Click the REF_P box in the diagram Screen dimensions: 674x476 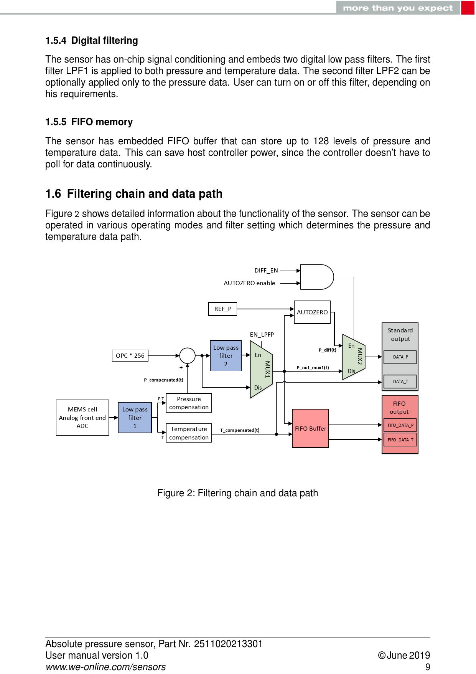[222, 309]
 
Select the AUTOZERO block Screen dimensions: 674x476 [312, 312]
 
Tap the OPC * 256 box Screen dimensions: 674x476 [130, 355]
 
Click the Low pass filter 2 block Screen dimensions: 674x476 [226, 356]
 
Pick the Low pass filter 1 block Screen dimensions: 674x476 [135, 418]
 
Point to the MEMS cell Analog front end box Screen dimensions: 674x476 [82, 418]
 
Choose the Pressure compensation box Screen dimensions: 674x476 [189, 403]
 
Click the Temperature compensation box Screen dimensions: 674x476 [189, 433]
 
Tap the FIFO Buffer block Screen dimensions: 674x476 [310, 428]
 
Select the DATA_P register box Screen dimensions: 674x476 [400, 357]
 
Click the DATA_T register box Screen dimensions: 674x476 [400, 382]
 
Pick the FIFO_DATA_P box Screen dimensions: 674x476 [400, 425]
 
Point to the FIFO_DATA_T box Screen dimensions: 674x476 [400, 440]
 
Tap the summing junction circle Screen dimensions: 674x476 [187, 355]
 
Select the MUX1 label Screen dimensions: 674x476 [267, 369]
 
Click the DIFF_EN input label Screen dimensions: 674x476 [266, 271]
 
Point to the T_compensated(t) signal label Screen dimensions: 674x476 [240, 430]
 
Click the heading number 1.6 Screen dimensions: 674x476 [53, 194]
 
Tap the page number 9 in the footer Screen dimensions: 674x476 [428, 667]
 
